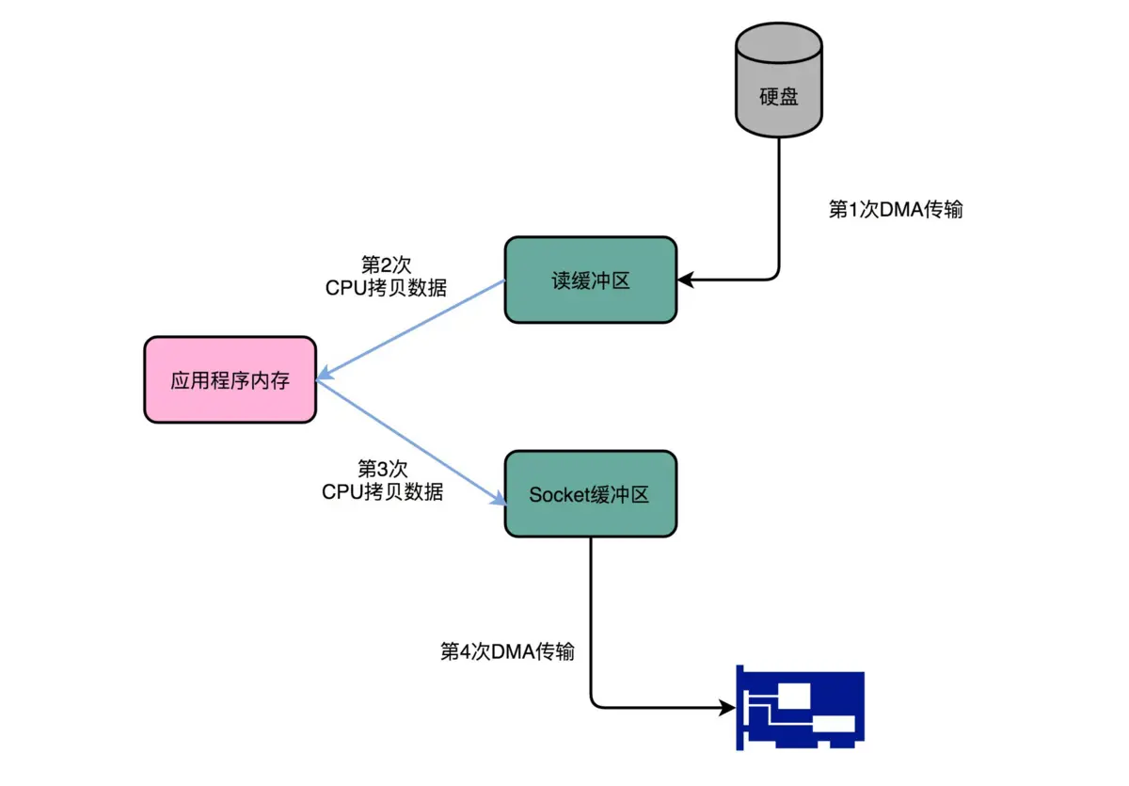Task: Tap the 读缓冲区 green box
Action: coord(591,281)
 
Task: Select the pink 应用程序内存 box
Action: coord(230,380)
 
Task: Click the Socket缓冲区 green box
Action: coord(591,494)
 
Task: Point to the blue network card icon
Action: coord(800,708)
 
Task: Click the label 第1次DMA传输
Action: coord(895,210)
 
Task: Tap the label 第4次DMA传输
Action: coord(507,651)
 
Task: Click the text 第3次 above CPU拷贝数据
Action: coord(383,468)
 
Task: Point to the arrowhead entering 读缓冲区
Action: coord(686,280)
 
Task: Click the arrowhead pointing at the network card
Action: coord(725,706)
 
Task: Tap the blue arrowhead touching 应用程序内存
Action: coord(325,376)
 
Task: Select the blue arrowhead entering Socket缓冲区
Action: coord(496,501)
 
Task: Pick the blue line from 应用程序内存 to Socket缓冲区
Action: coord(409,441)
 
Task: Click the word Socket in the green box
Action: coord(558,495)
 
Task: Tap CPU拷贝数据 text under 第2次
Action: coord(386,288)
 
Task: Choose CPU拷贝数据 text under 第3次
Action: coord(383,491)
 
